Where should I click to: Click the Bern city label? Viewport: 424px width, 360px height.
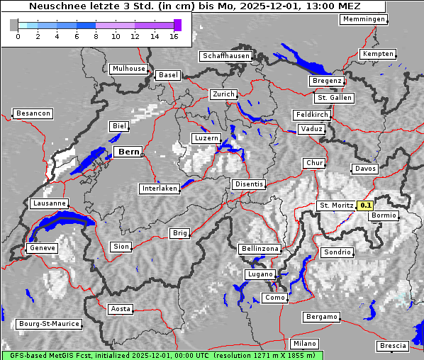(128, 152)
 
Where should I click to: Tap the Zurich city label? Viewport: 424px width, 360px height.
(223, 94)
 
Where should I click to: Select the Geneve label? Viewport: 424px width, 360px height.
(41, 248)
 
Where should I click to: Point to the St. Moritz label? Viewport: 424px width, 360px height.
(336, 206)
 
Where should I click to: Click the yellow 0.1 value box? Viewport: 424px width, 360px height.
(365, 206)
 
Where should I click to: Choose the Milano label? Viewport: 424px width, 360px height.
(305, 343)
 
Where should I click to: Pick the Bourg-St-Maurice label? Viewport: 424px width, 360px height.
(48, 324)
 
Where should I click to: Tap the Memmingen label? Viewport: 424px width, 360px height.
(364, 19)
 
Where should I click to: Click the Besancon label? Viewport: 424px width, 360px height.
(33, 113)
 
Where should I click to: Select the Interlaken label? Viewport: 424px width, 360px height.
(159, 189)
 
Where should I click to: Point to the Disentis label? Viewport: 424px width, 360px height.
(249, 184)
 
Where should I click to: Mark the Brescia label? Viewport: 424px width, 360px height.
(393, 346)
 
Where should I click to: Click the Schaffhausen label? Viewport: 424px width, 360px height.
(225, 55)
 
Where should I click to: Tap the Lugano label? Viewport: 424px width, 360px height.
(259, 274)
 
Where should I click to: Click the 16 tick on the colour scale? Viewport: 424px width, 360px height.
(174, 37)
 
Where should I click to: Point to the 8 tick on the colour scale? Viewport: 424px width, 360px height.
(96, 37)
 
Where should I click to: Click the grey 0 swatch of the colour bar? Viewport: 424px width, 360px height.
(14, 25)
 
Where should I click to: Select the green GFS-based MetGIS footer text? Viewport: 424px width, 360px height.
(162, 355)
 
